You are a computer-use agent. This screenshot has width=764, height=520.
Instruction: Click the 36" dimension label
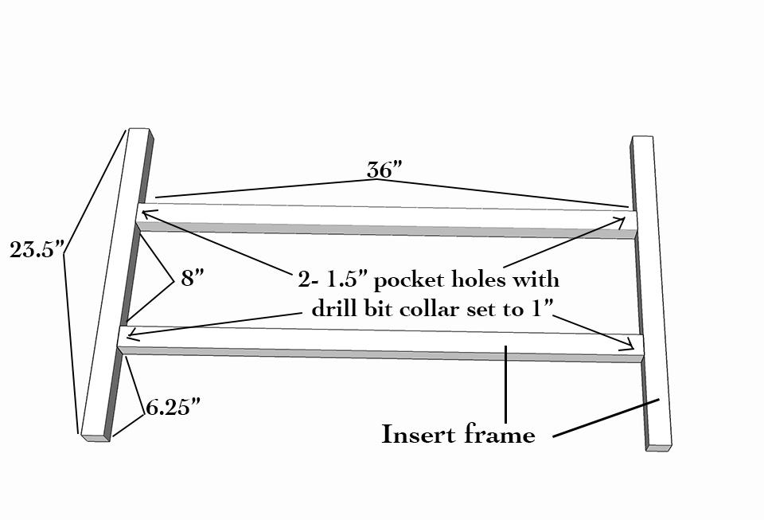[384, 170]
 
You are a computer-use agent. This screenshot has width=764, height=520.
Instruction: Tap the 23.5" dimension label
[37, 250]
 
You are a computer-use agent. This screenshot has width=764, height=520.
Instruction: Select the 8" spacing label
[193, 279]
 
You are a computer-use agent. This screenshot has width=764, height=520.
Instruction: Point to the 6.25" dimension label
[173, 408]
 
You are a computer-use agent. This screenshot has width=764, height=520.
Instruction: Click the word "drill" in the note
[331, 309]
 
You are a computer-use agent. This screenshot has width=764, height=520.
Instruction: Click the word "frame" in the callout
[500, 434]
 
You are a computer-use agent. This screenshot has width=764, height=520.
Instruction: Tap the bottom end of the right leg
[659, 448]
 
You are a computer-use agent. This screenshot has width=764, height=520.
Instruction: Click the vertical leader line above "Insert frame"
[506, 385]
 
